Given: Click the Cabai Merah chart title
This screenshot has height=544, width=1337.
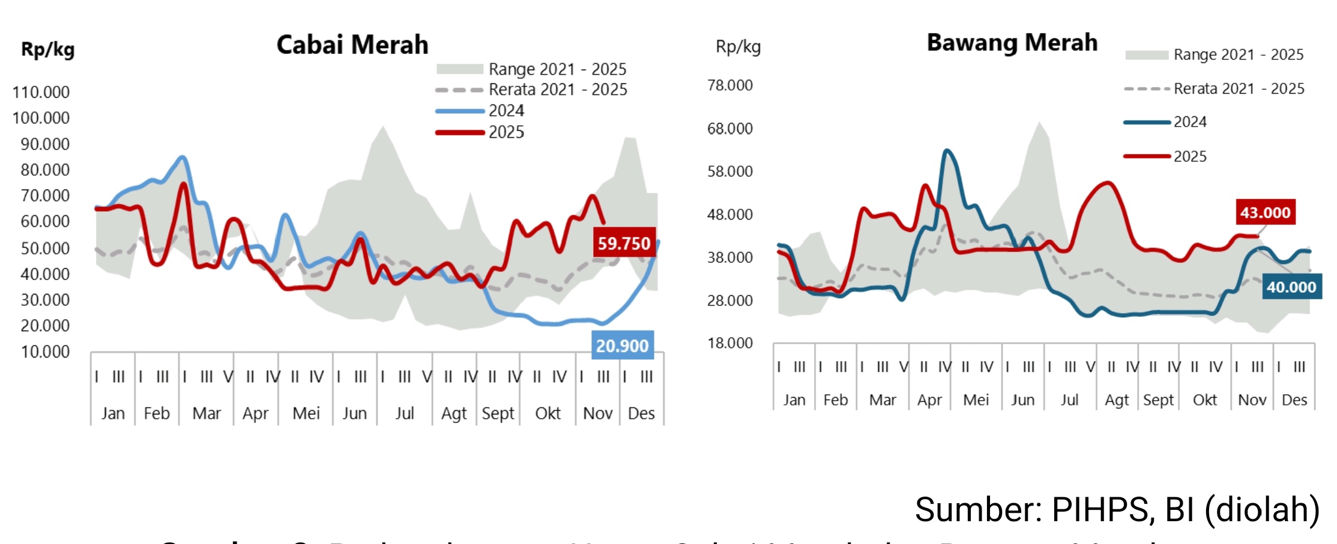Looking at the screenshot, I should [352, 45].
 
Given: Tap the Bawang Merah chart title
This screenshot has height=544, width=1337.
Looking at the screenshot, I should [1012, 43].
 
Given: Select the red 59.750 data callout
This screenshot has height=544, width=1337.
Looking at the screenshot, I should [624, 243].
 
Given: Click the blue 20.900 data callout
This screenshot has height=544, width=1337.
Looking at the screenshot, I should [622, 345].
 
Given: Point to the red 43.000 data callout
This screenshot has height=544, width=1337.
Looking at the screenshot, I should [1265, 212].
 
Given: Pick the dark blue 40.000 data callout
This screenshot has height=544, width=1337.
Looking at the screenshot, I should [1291, 287].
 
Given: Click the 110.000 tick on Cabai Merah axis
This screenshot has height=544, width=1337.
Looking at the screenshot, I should [41, 92].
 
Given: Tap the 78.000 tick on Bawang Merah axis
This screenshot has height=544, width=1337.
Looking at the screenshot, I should [729, 85].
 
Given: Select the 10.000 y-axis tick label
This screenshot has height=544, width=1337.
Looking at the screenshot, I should [45, 352].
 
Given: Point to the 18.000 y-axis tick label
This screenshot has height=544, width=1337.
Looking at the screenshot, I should [729, 343].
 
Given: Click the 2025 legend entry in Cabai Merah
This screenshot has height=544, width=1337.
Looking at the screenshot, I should [506, 132].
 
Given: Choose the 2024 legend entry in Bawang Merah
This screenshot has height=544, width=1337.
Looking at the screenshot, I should [1190, 122].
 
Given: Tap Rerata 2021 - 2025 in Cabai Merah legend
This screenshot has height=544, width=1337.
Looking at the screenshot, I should [558, 90].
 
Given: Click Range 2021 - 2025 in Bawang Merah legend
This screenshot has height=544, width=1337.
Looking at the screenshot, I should [1238, 55].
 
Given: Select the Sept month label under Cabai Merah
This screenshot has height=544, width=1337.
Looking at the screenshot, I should [498, 413].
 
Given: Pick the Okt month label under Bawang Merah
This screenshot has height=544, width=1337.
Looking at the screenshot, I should [1204, 400].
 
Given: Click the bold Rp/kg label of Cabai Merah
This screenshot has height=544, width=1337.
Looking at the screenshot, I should [48, 49].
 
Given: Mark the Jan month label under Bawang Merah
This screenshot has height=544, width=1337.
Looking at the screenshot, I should [794, 400].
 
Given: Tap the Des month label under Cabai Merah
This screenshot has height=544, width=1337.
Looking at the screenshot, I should [641, 413].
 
